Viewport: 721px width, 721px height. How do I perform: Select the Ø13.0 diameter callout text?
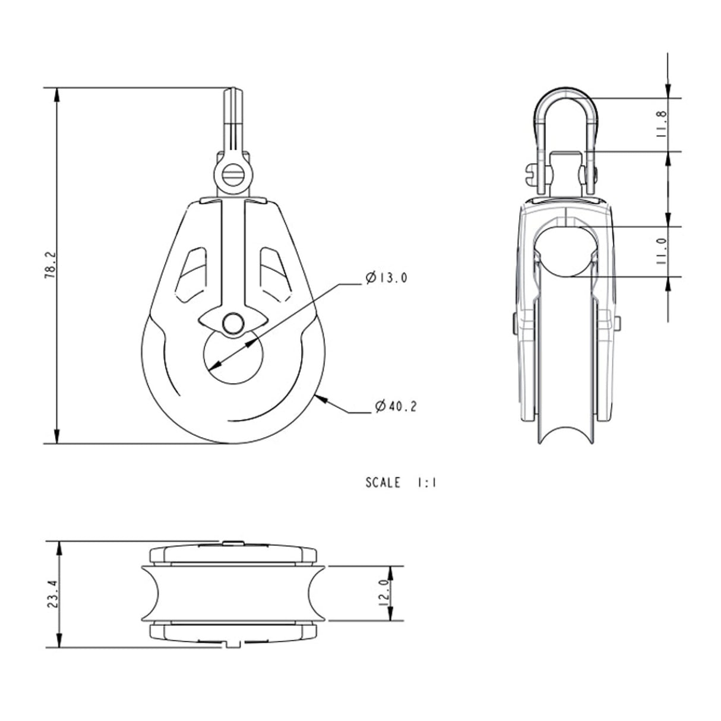(x=387, y=278)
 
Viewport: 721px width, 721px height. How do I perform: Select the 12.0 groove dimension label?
(x=384, y=593)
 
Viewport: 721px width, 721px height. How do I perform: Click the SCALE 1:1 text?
(x=401, y=483)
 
